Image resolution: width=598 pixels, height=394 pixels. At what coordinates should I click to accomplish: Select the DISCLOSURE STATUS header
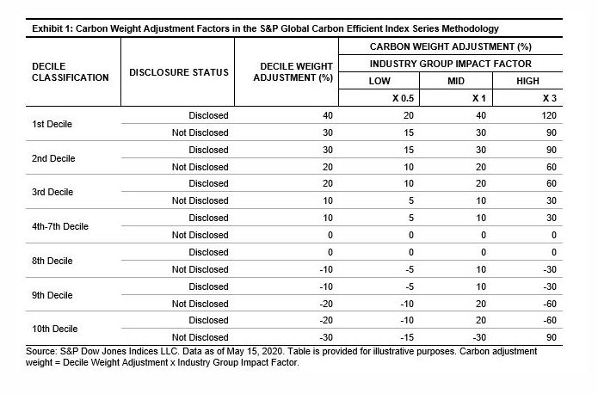pos(178,72)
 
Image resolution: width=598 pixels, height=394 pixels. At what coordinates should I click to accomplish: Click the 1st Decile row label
pos(51,124)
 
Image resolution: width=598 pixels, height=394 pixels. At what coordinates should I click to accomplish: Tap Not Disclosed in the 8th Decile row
pos(200,269)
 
